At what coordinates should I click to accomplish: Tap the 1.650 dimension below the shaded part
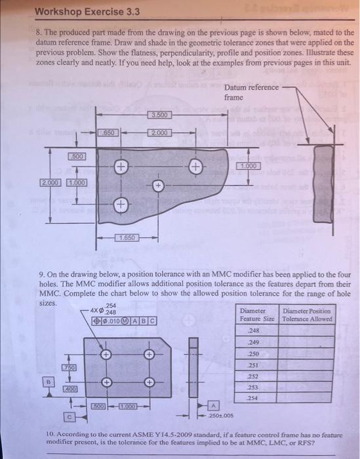pos(127,237)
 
